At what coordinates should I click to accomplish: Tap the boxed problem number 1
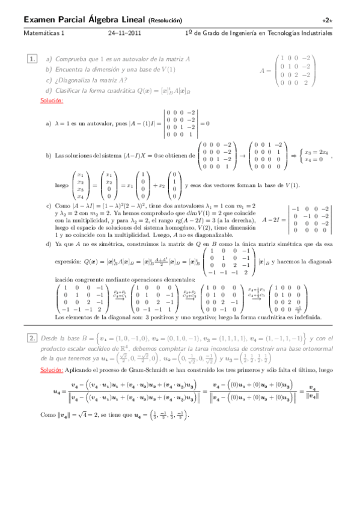tap(32, 59)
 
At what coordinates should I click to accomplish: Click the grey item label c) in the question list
tap(49, 80)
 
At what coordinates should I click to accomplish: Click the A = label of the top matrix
tap(266, 70)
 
